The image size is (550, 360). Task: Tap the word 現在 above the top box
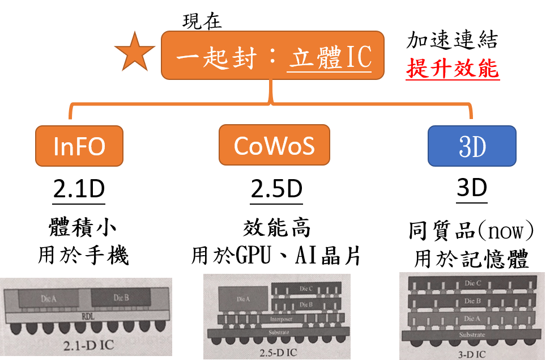[x=202, y=22]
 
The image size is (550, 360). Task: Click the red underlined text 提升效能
[x=453, y=69]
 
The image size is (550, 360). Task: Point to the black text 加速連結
[x=453, y=41]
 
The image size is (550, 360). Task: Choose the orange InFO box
[x=79, y=147]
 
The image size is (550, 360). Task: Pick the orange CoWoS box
[x=274, y=146]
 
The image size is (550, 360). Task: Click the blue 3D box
[x=472, y=147]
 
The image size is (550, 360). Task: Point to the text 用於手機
[x=83, y=255]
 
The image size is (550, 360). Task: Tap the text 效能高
[x=276, y=228]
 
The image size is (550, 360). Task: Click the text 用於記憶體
[x=472, y=259]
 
